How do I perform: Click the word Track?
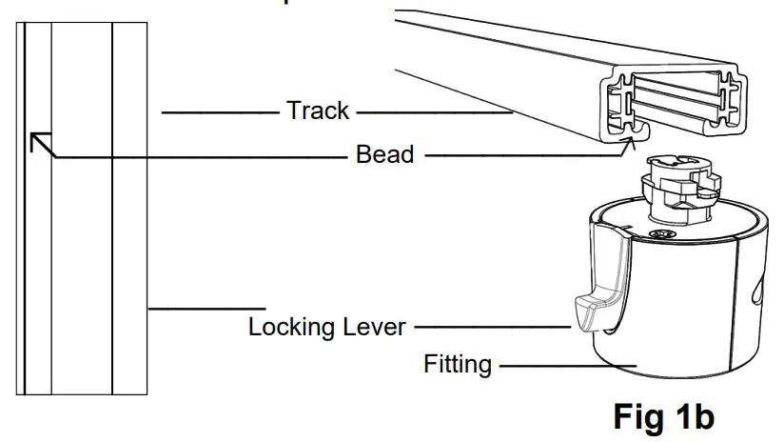(x=318, y=111)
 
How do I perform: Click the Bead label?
(x=384, y=153)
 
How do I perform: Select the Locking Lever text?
(x=326, y=328)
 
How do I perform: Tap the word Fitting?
(x=457, y=364)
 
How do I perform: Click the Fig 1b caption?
(x=663, y=416)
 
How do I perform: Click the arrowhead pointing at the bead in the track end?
(x=628, y=141)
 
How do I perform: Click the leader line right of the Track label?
(x=434, y=112)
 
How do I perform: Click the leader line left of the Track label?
(x=219, y=112)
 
